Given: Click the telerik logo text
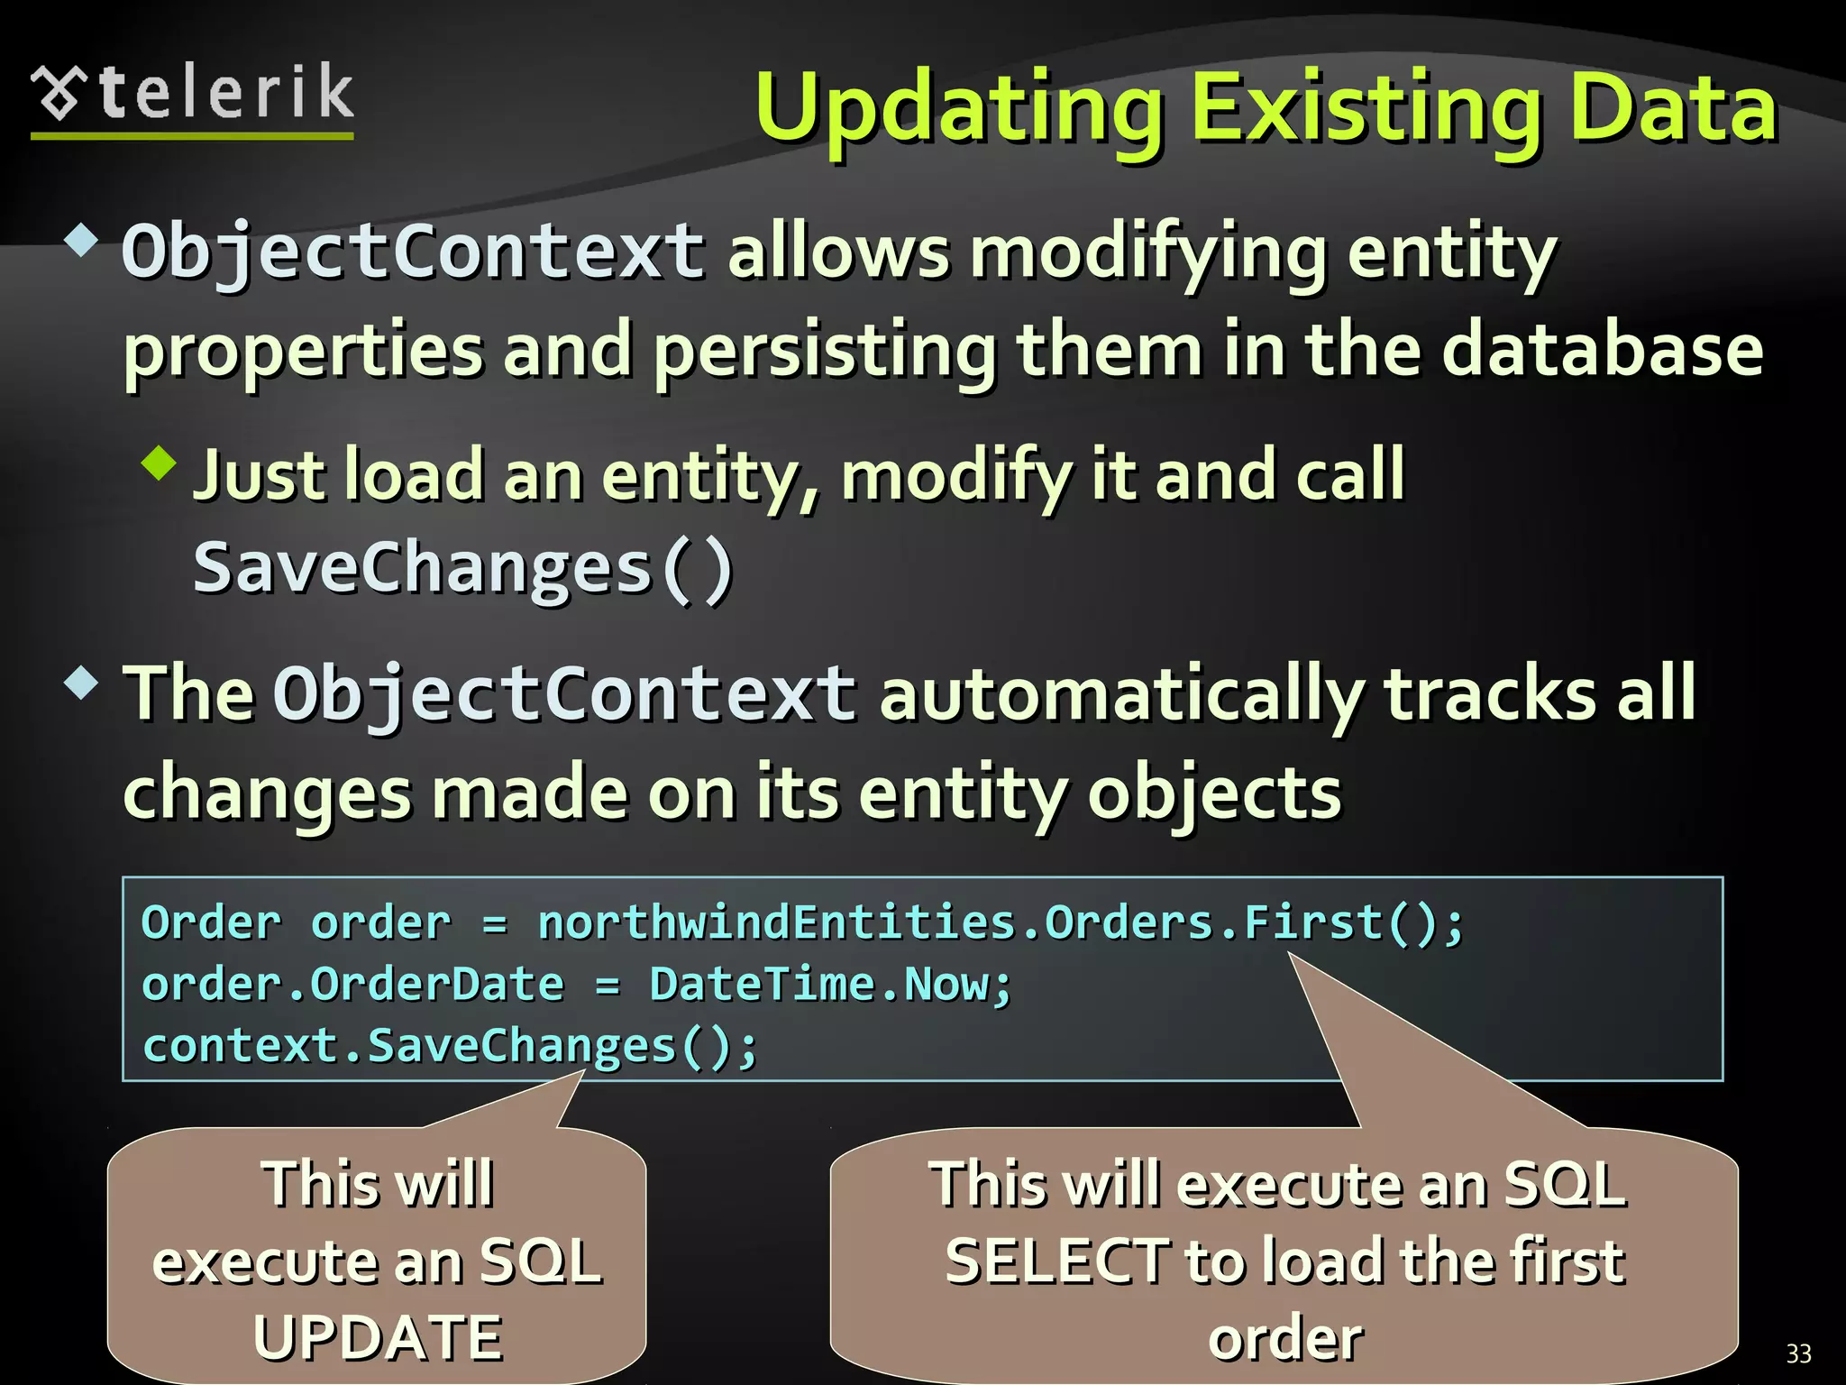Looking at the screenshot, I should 225,93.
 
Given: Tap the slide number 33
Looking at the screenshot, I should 1798,1353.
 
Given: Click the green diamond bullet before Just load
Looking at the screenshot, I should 160,463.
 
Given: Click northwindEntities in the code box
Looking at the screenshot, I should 776,923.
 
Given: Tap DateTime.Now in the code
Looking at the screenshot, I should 829,984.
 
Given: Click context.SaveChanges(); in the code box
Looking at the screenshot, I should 450,1046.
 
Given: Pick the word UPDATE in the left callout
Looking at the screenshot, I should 378,1337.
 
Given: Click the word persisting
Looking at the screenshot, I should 824,352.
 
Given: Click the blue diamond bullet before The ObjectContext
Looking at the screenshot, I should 81,683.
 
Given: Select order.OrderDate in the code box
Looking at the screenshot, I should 352,984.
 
